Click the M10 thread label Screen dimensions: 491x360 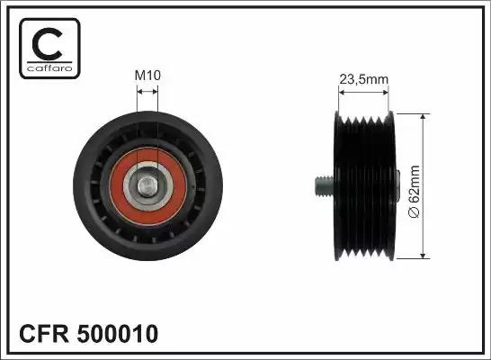[x=147, y=76]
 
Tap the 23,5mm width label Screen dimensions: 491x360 [x=364, y=79]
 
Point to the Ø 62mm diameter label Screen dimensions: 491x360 [x=414, y=192]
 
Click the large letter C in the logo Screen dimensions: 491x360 [x=48, y=44]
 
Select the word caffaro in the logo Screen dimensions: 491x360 [x=49, y=68]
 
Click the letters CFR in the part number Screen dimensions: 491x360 [x=44, y=333]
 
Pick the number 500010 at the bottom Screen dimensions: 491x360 [x=118, y=333]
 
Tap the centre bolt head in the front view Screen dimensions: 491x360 [x=147, y=186]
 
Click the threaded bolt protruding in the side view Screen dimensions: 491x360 [x=325, y=186]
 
